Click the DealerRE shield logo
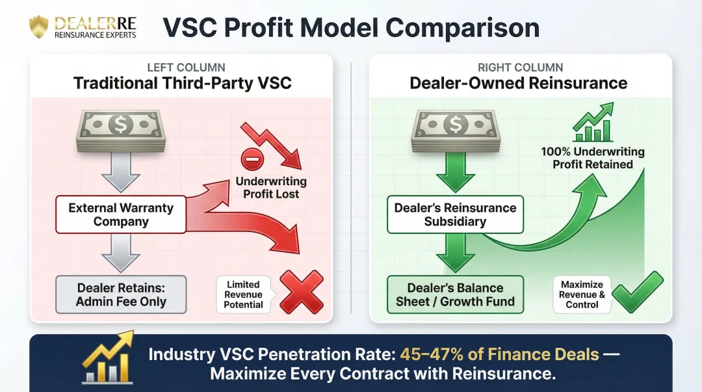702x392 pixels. (39, 27)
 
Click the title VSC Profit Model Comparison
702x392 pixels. (350, 28)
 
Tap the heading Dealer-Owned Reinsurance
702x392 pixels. (518, 83)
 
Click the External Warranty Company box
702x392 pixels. (121, 215)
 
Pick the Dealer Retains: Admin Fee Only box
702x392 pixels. (121, 294)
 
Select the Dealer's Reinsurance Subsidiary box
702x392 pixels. (455, 215)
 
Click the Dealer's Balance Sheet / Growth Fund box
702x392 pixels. (455, 294)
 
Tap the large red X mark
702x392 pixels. (301, 293)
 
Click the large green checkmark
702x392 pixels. (638, 293)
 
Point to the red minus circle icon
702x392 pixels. (251, 159)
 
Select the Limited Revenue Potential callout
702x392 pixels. (244, 294)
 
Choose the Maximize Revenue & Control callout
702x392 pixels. (582, 294)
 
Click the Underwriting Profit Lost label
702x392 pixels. (270, 188)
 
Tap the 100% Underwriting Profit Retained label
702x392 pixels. (592, 158)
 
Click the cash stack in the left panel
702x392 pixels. (122, 131)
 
